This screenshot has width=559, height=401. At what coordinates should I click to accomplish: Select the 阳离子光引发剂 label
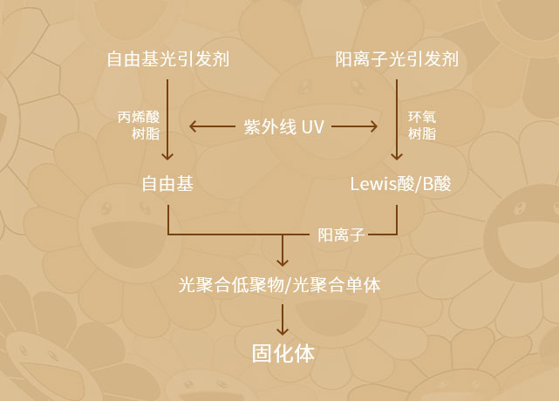click(397, 60)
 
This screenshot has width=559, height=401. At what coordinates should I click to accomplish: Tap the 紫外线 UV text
click(283, 126)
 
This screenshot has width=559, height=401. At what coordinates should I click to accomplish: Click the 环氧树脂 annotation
click(423, 125)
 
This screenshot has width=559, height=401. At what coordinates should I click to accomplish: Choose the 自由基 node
click(167, 185)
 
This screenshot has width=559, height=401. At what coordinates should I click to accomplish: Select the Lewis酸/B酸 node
click(400, 185)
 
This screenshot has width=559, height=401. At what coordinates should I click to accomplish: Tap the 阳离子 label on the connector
click(340, 234)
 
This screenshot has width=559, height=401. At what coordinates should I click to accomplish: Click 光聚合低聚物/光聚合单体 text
click(279, 284)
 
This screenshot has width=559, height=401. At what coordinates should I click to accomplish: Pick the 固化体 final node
click(282, 354)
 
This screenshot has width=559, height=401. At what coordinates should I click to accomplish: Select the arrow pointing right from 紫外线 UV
click(354, 126)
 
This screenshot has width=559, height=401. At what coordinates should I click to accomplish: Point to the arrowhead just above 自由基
click(167, 157)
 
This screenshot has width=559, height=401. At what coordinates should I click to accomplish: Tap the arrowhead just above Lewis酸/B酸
click(398, 157)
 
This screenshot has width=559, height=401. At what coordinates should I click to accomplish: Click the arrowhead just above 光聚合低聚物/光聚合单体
click(282, 262)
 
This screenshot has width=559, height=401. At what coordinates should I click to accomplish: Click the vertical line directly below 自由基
click(167, 218)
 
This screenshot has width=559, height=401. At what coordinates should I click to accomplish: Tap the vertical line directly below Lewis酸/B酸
click(398, 218)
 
